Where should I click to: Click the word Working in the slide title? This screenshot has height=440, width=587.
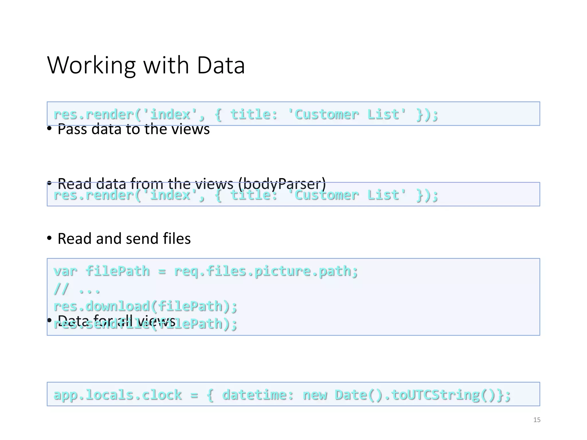(91, 65)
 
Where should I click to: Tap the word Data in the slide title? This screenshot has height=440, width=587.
(221, 65)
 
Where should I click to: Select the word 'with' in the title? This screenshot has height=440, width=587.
(166, 65)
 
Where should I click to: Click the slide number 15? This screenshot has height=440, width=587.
(537, 420)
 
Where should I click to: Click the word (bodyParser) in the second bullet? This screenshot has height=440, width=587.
(282, 183)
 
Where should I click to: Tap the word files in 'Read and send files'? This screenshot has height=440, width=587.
(177, 238)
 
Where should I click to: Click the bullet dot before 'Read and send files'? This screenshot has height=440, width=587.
(50, 238)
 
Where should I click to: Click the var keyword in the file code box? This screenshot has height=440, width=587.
(65, 271)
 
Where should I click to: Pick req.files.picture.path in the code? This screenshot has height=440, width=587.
(266, 271)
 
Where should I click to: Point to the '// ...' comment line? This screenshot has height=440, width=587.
(77, 289)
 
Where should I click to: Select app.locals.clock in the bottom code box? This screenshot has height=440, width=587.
(118, 395)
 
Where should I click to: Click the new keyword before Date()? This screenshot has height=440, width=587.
(315, 395)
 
